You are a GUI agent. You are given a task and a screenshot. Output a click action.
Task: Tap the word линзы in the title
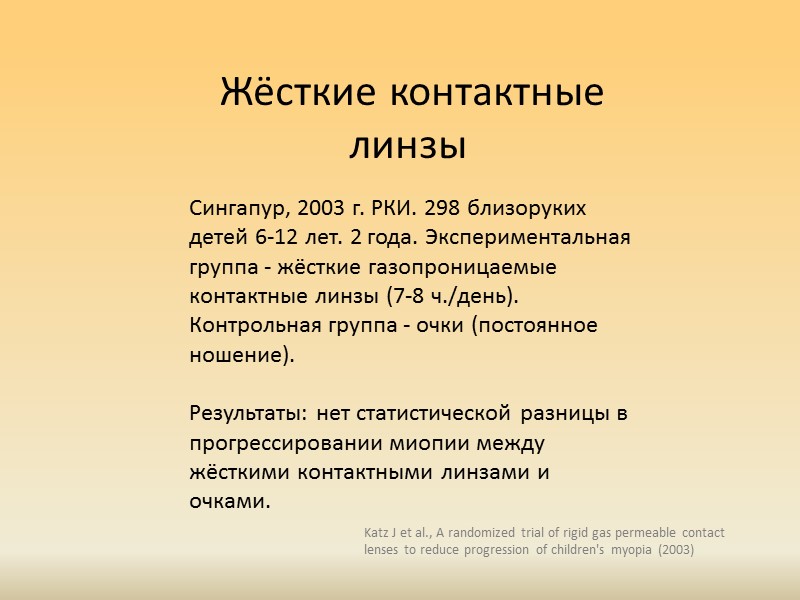408,146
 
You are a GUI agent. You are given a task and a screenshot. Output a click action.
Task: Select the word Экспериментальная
524,239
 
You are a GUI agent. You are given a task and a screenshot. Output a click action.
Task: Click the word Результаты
247,413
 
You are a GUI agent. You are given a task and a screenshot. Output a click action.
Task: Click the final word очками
230,501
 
